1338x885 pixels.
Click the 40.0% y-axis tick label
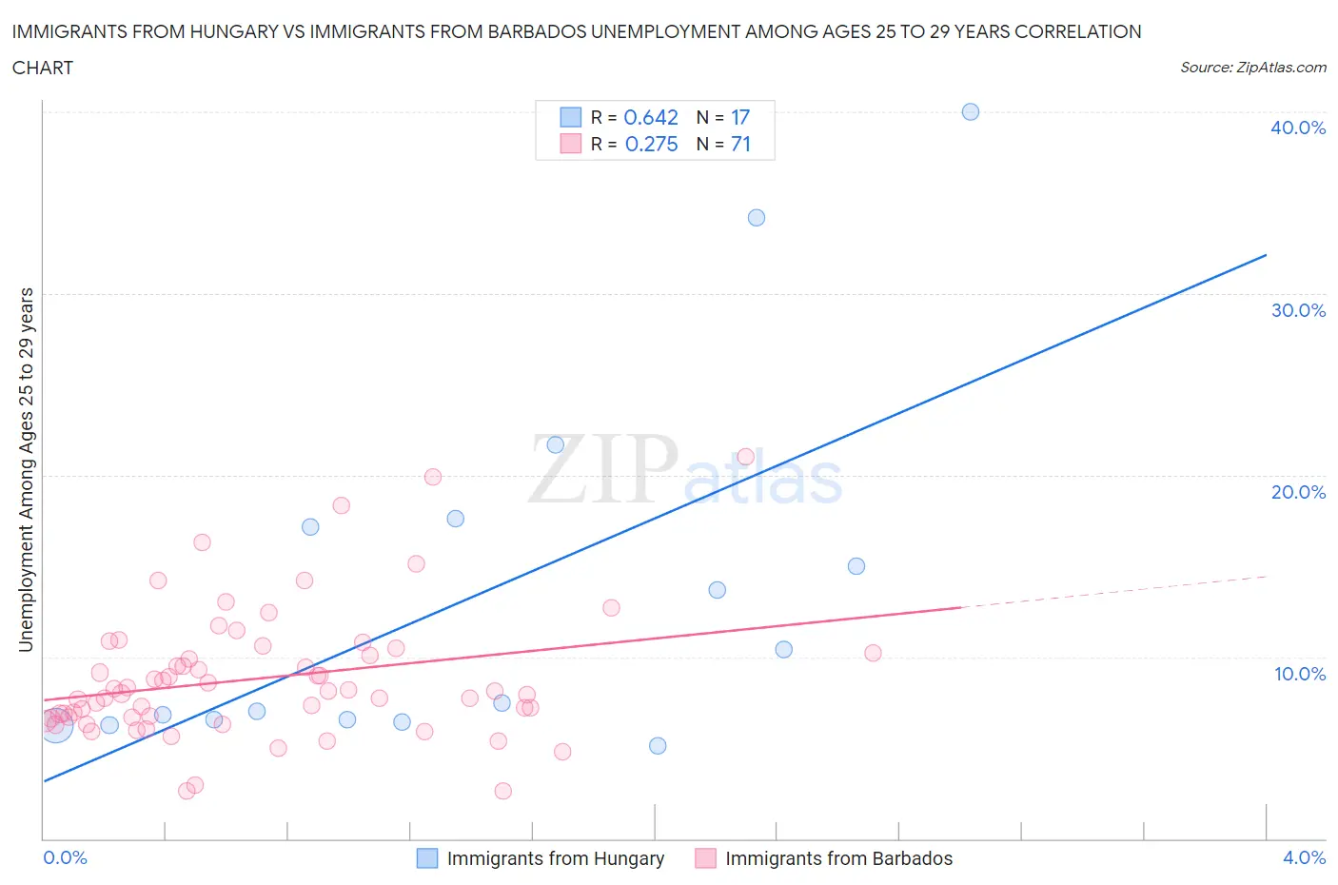click(x=1298, y=128)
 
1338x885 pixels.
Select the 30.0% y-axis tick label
click(x=1298, y=310)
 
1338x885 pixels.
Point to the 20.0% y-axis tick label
click(x=1298, y=492)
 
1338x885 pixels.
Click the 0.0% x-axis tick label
click(x=66, y=857)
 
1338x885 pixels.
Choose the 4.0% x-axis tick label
click(x=1304, y=857)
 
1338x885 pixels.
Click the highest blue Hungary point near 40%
click(x=971, y=112)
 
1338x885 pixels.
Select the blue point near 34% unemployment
click(x=757, y=218)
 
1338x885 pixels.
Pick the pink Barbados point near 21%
click(x=746, y=457)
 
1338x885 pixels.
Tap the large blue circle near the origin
click(x=55, y=726)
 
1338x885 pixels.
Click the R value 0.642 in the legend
click(x=651, y=117)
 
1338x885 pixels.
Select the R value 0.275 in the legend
click(x=651, y=144)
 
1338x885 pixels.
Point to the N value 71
click(x=740, y=144)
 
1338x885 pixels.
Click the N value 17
click(x=740, y=117)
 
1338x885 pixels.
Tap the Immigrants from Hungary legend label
click(x=555, y=858)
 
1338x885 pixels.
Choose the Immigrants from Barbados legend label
click(x=838, y=858)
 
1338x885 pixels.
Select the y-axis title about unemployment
click(x=27, y=470)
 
